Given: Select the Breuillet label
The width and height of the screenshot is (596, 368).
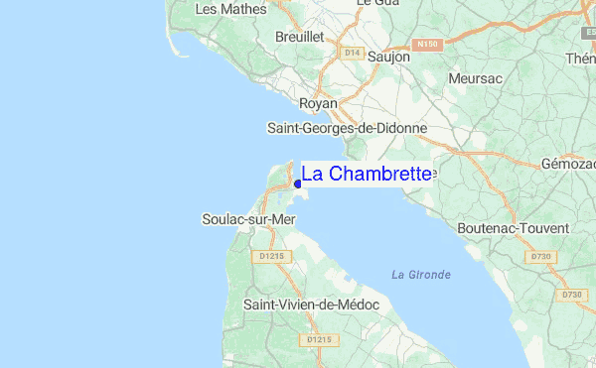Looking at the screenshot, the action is coord(301,36).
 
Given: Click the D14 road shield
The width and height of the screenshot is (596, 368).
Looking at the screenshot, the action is coord(351,52).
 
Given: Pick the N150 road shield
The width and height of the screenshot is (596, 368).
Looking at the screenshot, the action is coord(427,45).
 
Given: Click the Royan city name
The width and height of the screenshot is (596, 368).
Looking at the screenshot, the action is coord(319,103).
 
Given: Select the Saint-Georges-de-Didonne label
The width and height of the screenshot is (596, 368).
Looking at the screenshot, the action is coord(348,128).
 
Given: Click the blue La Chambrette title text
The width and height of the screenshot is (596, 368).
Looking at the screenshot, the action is coord(367,175).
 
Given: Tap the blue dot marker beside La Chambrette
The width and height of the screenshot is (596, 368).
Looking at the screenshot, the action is coord(297,184).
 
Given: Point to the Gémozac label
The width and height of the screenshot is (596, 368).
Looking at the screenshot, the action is coord(568,163).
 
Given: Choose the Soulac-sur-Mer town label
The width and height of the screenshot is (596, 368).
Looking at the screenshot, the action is coord(248,218).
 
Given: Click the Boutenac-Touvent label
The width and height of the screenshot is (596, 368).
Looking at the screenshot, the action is coord(514,228).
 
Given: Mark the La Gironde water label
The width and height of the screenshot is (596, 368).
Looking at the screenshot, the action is coord(421,275).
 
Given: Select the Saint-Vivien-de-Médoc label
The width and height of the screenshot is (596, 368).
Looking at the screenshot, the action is coord(312,305).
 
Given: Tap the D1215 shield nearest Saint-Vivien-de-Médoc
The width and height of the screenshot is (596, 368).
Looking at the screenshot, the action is coord(319,339).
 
